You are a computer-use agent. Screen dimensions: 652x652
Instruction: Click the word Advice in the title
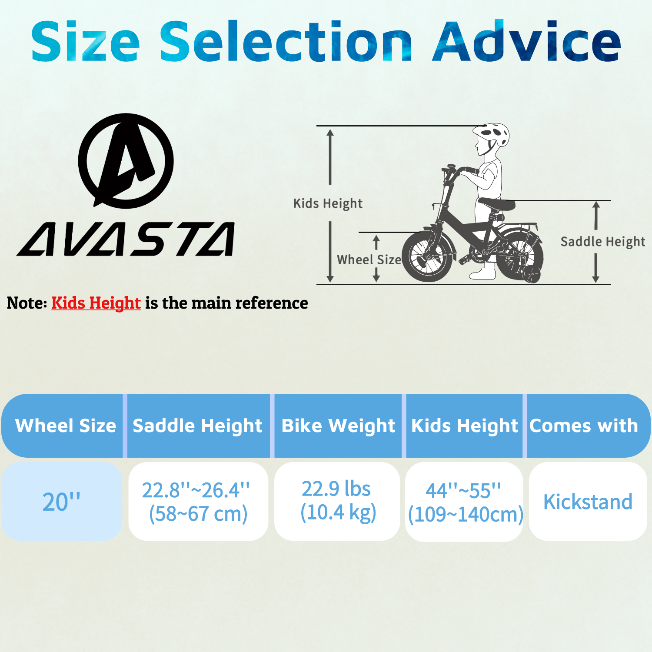click(x=526, y=41)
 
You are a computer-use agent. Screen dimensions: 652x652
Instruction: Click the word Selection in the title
click(x=286, y=41)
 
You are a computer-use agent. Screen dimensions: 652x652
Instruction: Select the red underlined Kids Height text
click(x=96, y=303)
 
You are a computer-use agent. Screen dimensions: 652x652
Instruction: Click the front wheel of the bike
click(x=427, y=256)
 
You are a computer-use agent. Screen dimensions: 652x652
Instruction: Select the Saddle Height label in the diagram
click(x=603, y=242)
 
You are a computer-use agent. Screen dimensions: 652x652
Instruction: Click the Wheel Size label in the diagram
click(x=369, y=260)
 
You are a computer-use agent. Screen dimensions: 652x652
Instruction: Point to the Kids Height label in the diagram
click(x=328, y=203)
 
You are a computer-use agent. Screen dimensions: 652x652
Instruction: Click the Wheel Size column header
click(x=66, y=426)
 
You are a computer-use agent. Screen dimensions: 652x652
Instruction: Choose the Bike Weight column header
click(x=338, y=426)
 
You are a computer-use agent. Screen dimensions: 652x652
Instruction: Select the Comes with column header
click(x=584, y=426)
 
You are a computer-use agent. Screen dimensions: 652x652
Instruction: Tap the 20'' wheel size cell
click(x=62, y=501)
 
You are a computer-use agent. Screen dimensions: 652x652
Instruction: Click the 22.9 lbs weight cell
click(x=337, y=501)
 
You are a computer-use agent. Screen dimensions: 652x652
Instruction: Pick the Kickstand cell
click(x=588, y=501)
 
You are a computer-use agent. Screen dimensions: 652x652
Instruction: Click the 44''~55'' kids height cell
click(x=464, y=502)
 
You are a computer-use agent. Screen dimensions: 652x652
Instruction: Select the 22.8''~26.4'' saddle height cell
click(x=198, y=501)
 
